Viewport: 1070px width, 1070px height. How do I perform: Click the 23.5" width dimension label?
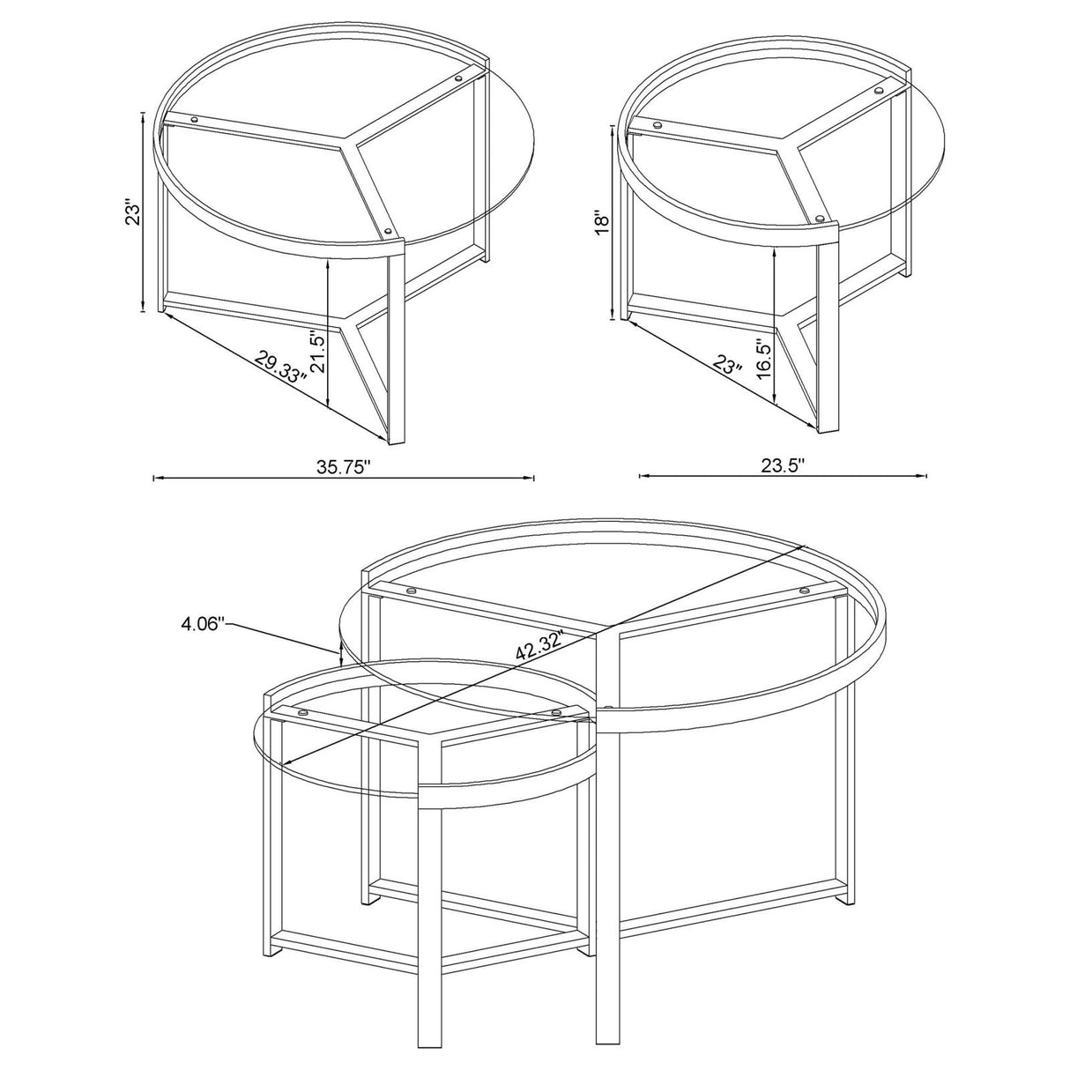click(783, 465)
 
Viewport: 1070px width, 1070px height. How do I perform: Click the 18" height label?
click(601, 221)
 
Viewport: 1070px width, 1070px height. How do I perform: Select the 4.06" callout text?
click(205, 624)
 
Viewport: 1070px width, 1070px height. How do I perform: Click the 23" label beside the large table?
click(133, 214)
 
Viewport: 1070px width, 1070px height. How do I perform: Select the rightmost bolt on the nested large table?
click(804, 591)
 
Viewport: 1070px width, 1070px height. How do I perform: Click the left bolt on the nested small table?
click(302, 712)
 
